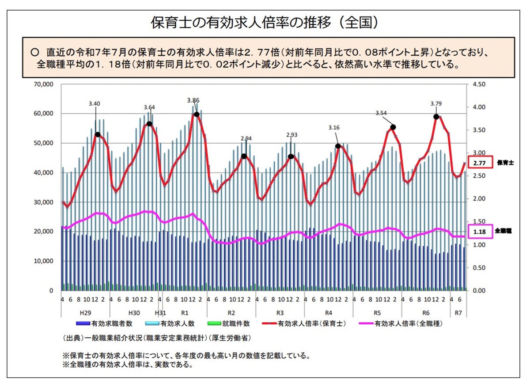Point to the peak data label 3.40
click(95, 104)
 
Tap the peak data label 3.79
click(436, 104)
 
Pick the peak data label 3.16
click(334, 128)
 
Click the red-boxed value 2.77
click(479, 163)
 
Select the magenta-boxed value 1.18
click(479, 231)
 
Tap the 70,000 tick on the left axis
click(43, 84)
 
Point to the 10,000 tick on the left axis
click(43, 261)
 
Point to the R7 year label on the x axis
click(459, 312)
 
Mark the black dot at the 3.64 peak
click(149, 124)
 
